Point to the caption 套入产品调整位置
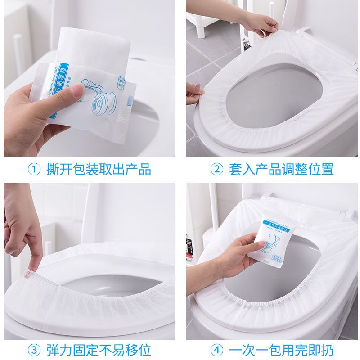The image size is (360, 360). point(281,170)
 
